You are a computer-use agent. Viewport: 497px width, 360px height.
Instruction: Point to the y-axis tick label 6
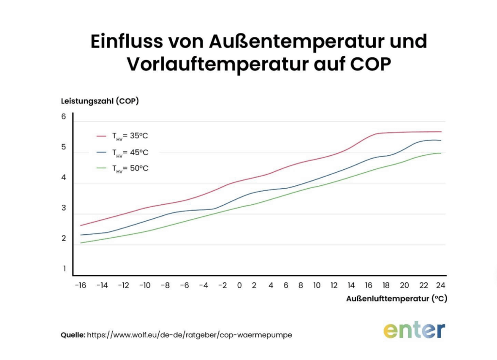coord(64,117)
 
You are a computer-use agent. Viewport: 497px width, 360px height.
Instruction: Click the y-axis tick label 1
coord(64,268)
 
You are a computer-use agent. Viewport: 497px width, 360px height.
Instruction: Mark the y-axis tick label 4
coord(64,178)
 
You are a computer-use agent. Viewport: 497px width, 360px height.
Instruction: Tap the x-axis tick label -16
coord(80,285)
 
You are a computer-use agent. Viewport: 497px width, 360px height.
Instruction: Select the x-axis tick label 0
coord(239,285)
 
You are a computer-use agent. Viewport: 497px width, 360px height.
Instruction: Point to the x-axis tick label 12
coord(333,285)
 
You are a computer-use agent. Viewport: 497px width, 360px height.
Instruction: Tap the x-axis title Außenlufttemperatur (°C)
coord(396,299)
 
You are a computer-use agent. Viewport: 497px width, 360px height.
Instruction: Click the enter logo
coord(414,330)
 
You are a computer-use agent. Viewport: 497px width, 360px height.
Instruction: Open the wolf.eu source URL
coord(189,335)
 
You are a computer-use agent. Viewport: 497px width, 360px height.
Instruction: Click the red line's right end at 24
coord(441,131)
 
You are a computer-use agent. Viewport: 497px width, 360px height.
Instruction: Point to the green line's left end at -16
coord(81,243)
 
